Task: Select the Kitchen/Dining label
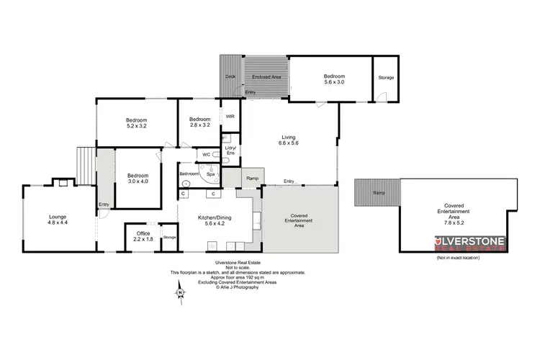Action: point(216,220)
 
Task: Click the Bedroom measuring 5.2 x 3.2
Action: point(137,123)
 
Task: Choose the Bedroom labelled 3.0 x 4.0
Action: point(137,179)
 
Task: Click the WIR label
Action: point(230,116)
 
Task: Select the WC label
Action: point(206,154)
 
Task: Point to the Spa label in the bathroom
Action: point(211,174)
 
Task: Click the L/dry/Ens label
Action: point(230,151)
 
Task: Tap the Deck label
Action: point(230,76)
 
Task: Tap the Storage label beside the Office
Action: point(169,237)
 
